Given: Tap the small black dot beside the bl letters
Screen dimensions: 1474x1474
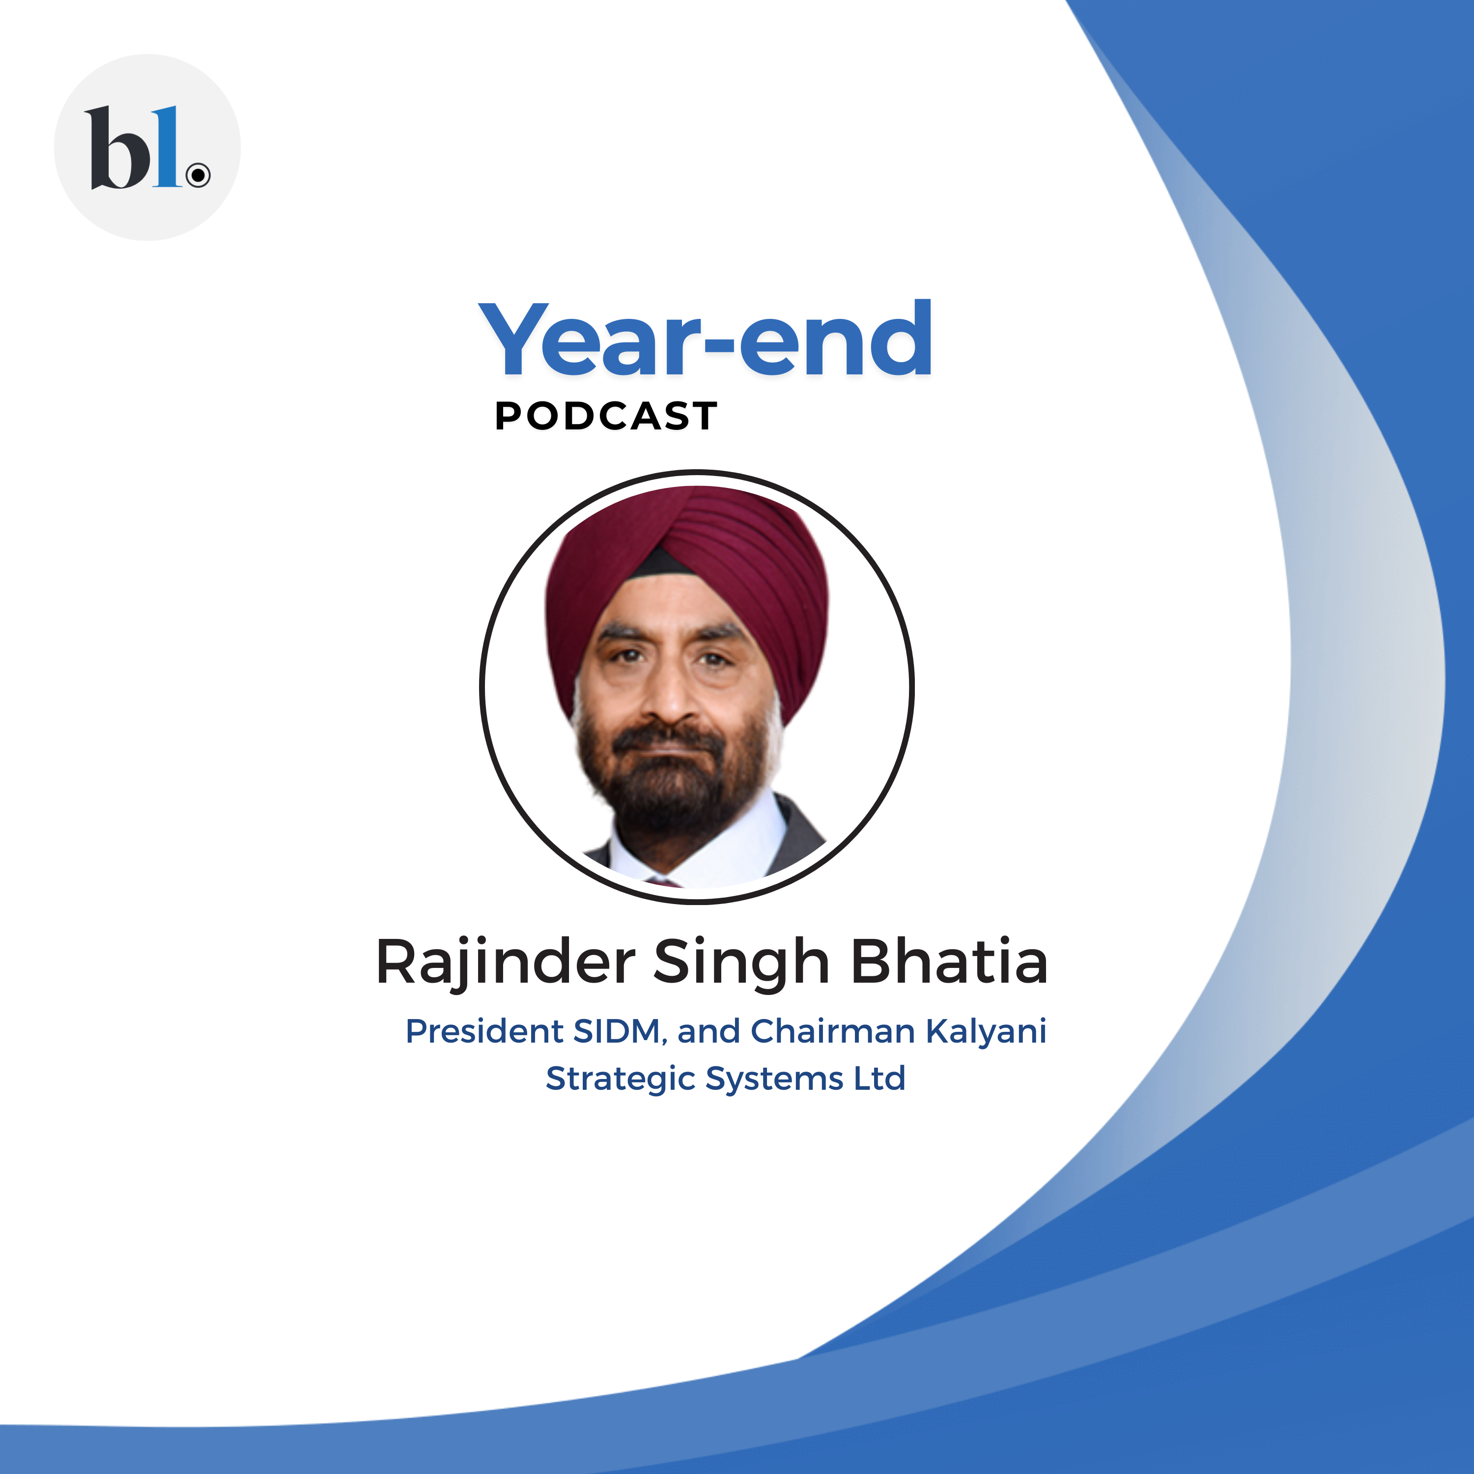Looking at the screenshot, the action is point(198,175).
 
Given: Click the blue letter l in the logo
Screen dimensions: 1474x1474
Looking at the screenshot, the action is point(167,146).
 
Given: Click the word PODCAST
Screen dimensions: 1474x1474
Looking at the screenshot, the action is point(606,417).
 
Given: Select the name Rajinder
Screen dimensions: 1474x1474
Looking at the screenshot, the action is point(506,963).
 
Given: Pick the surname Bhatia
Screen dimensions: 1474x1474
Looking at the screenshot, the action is point(949,961).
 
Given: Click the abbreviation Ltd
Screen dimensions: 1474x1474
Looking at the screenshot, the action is point(879,1078).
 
